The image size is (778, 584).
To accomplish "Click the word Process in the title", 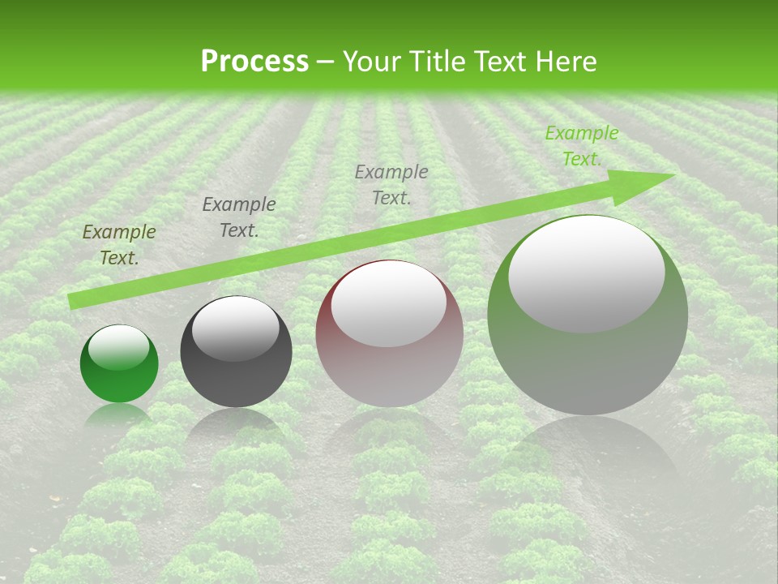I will coord(254,62).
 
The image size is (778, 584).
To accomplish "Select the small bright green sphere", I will coord(119,364).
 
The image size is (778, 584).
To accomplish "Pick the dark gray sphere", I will coord(236,352).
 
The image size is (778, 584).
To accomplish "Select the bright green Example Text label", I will coord(582,146).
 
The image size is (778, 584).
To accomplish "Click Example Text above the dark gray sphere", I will coord(239,217).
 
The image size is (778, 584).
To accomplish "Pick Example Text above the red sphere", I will coord(391,184).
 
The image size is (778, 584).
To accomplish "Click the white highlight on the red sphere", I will coord(389,304).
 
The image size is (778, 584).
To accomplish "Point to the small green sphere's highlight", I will coord(118,348).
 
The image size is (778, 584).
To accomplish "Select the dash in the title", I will coord(326,62).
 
